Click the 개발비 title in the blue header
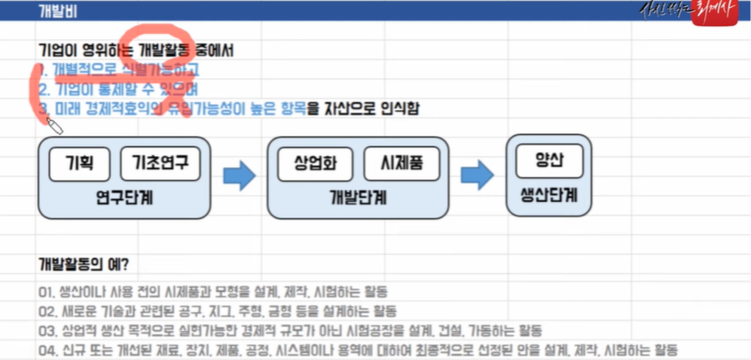click(x=56, y=11)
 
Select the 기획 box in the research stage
click(x=76, y=161)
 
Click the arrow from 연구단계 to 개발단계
click(x=240, y=176)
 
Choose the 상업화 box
click(x=311, y=161)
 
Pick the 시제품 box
click(x=398, y=161)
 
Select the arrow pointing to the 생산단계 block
click(x=477, y=176)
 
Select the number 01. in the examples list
click(x=48, y=291)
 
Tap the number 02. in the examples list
click(x=48, y=311)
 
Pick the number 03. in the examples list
click(x=48, y=330)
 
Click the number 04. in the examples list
click(x=48, y=350)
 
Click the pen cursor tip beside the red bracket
click(x=48, y=120)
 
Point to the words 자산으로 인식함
click(x=373, y=109)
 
